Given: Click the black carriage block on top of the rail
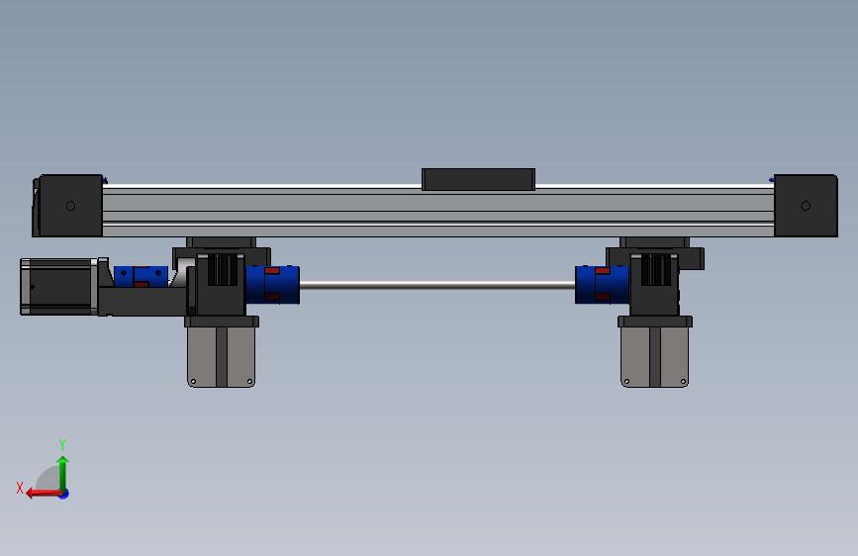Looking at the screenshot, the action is click(478, 179).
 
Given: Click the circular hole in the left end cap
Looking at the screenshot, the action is click(70, 206).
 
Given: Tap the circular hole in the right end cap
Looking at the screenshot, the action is click(806, 206).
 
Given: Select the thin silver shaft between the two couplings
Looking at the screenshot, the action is click(437, 285).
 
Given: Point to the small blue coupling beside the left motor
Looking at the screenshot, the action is click(141, 277).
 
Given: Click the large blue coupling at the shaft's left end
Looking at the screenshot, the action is click(272, 285).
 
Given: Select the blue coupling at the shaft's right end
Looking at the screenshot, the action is click(602, 285).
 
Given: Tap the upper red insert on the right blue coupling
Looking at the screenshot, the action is click(603, 270).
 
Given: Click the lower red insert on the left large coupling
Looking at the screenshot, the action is click(272, 297).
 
